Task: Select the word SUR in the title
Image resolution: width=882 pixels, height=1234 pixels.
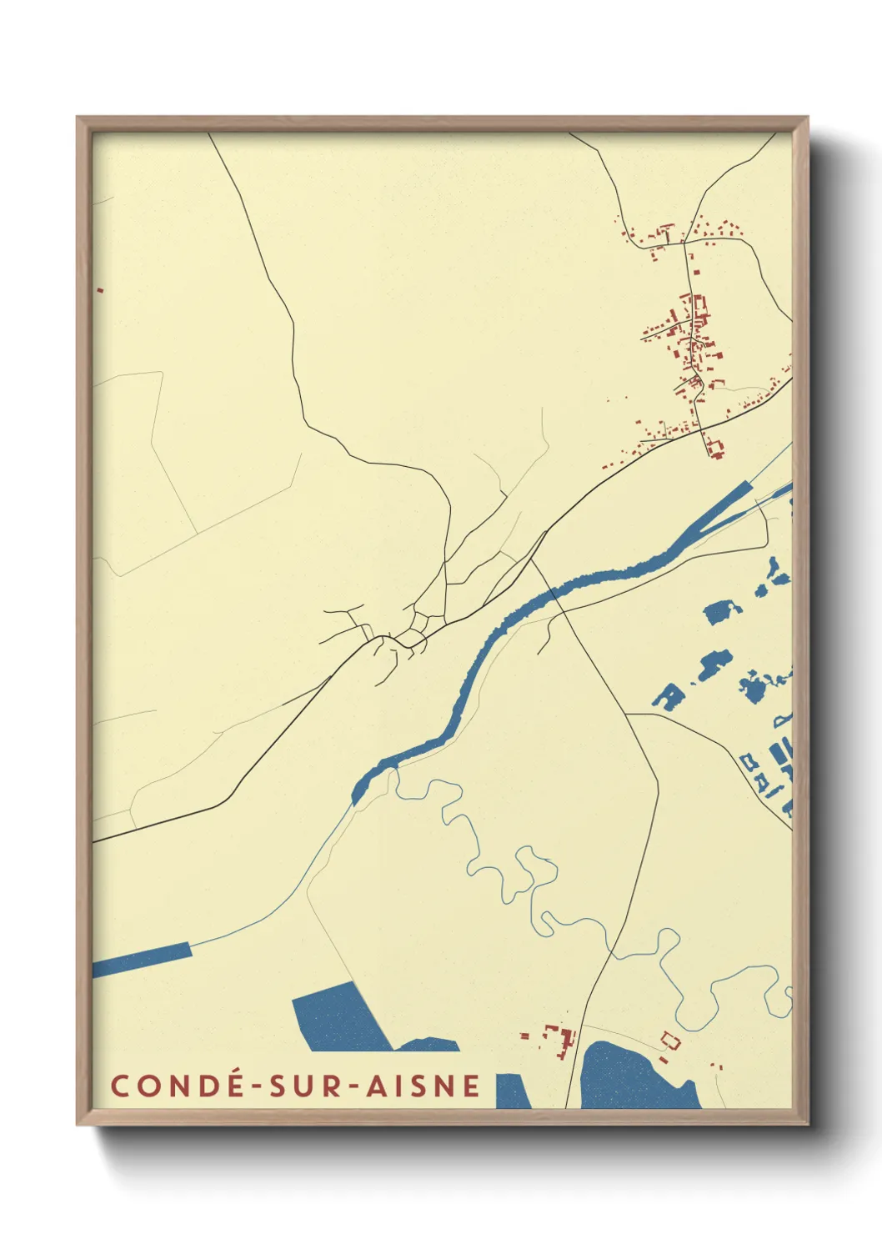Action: tap(303, 1086)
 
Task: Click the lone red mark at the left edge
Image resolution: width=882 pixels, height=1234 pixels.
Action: tap(100, 290)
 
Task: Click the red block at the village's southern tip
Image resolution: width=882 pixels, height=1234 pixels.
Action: tap(714, 449)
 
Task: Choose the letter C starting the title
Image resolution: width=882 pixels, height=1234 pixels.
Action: tap(120, 1086)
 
